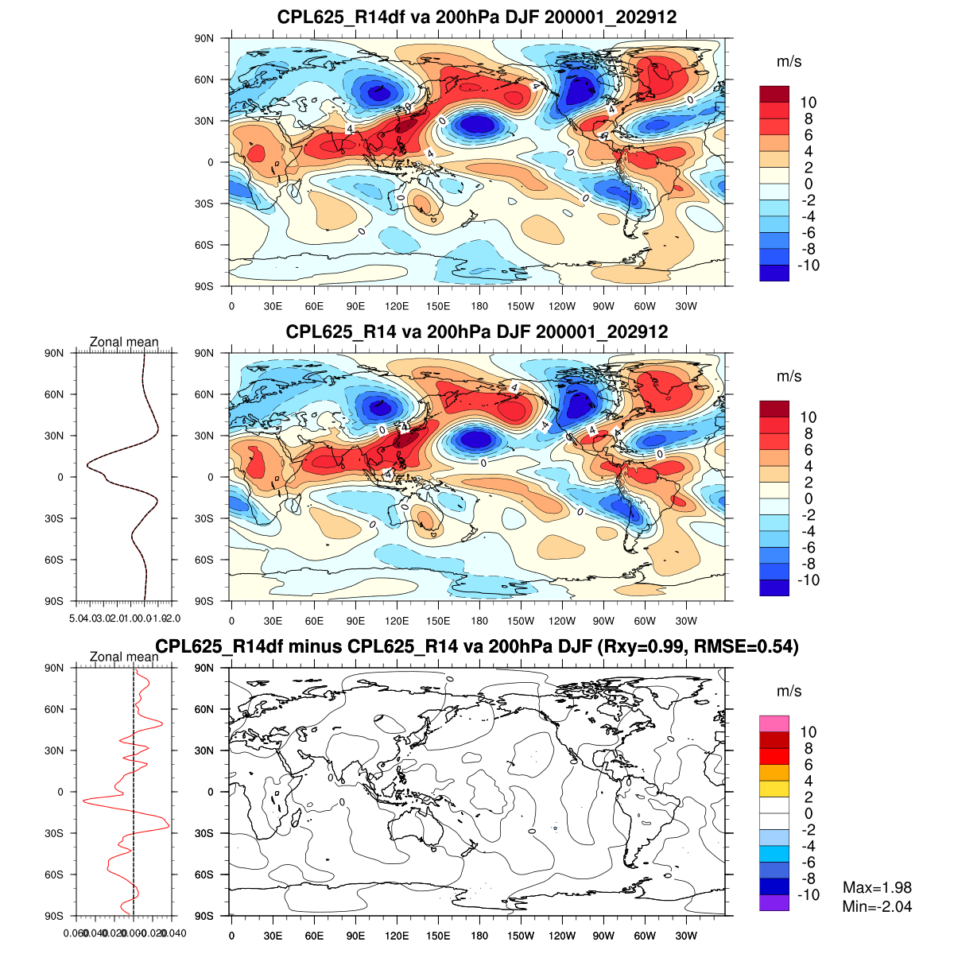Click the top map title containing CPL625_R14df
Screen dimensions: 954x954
point(477,17)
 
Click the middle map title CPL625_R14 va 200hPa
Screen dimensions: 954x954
point(477,332)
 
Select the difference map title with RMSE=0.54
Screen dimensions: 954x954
point(477,647)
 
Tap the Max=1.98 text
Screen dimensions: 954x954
point(877,888)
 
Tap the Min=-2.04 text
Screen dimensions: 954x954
point(877,906)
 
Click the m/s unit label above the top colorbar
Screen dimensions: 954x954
point(789,62)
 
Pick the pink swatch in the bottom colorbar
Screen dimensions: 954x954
point(774,723)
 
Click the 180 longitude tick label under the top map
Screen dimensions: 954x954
point(479,306)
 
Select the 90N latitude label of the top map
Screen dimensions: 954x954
point(205,38)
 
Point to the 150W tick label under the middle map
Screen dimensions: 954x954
point(521,621)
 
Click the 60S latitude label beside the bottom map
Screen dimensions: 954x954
point(205,874)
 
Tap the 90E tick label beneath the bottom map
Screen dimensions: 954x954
point(355,936)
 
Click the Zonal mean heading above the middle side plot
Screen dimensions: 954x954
point(124,343)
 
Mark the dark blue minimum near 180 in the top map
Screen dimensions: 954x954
point(477,124)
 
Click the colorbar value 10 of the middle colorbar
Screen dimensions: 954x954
point(808,417)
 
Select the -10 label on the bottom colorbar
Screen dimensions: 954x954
point(808,895)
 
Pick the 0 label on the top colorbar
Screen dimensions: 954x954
point(808,184)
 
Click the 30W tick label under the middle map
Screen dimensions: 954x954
point(686,621)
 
